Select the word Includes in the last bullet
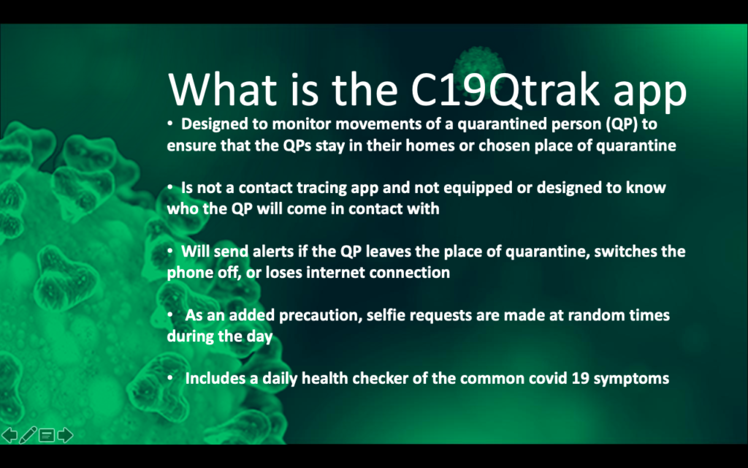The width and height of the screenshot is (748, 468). (215, 378)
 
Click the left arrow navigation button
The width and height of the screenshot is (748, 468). (9, 435)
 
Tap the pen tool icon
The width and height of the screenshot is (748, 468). (28, 435)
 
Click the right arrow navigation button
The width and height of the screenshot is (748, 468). (65, 435)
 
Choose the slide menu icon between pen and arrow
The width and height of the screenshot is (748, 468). (47, 435)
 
